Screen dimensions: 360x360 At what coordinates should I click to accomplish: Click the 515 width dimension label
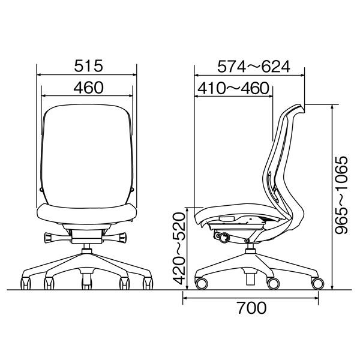[88, 66]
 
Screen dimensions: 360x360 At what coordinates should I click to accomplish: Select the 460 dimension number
[89, 88]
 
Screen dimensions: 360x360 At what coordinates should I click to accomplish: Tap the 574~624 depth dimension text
[254, 67]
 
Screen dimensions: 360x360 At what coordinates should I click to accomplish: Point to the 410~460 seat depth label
[233, 88]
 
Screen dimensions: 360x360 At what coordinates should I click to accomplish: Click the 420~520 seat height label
[179, 248]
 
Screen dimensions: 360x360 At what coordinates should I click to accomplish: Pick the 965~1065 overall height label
[341, 196]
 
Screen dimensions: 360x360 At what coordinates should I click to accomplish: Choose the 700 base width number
[251, 308]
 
